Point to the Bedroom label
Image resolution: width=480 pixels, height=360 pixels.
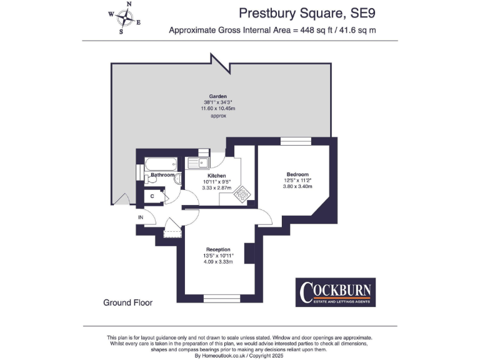[x=297, y=174]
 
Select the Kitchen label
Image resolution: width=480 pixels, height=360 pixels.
[x=217, y=176]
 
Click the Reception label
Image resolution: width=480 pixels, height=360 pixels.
[x=217, y=249]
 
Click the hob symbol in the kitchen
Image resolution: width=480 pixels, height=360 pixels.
[x=240, y=196]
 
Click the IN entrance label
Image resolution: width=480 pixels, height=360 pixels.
[x=141, y=217]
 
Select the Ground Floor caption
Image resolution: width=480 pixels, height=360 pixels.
[x=127, y=302]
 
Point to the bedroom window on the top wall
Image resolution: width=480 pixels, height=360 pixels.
[x=291, y=141]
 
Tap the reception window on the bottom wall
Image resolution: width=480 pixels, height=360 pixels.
[x=222, y=298]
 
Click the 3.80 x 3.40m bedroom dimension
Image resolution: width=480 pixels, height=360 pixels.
[x=297, y=186]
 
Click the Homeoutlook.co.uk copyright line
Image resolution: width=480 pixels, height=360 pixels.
[x=240, y=355]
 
